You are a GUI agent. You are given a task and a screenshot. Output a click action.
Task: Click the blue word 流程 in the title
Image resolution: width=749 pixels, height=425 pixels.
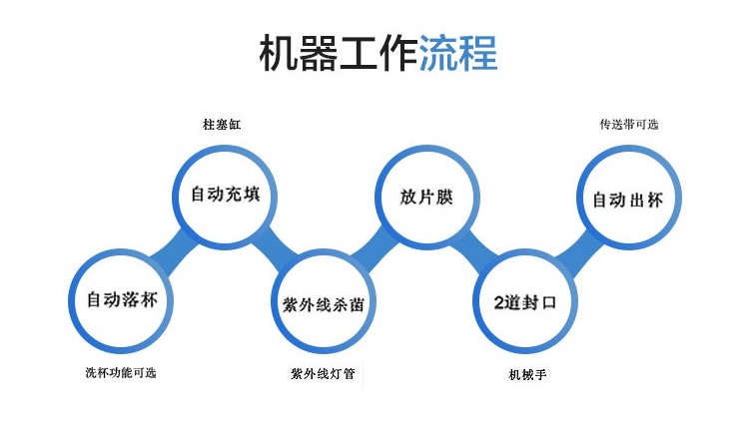pos(458,53)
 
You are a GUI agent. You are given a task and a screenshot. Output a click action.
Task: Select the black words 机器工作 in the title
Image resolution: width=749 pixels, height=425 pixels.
pos(339,53)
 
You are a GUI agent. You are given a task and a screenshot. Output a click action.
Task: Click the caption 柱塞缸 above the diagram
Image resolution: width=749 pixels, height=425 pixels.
pos(222,125)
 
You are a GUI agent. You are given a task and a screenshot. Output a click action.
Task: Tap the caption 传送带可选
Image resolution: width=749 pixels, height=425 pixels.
pos(629,125)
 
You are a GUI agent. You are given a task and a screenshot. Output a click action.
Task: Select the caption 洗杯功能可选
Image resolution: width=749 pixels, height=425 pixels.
pos(121,372)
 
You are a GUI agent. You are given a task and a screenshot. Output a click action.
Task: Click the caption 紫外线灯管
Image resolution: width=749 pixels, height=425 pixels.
pos(323,373)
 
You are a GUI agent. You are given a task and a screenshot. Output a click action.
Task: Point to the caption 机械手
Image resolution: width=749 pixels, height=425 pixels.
pos(527,375)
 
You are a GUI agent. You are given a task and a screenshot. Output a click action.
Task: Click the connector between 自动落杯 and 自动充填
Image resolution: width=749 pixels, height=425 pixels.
pos(174,251)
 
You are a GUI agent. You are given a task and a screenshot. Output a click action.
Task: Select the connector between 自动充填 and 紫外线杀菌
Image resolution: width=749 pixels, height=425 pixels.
pos(275,250)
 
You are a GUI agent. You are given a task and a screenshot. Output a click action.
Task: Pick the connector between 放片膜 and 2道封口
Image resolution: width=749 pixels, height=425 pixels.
pos(475,250)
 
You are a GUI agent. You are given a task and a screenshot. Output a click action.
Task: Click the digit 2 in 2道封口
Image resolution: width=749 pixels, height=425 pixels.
pos(498,303)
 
